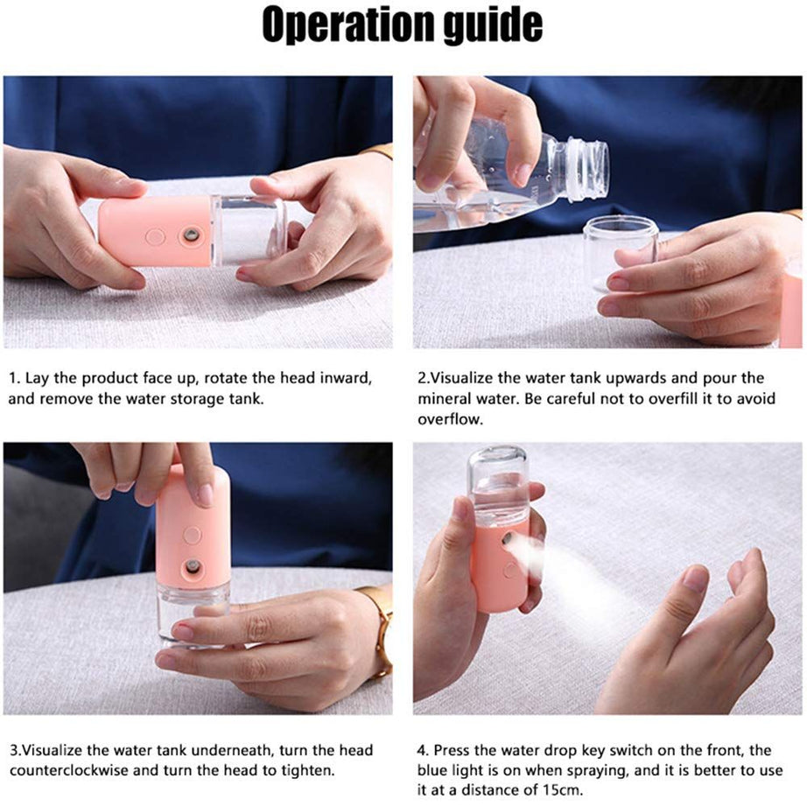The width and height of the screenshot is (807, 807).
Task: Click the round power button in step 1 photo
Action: pyautogui.click(x=155, y=236)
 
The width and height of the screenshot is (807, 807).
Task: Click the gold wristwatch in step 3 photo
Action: pyautogui.click(x=382, y=631)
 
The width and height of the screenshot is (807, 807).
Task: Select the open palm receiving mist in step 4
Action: pyautogui.click(x=691, y=630)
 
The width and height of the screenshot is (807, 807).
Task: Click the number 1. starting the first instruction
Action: pyautogui.click(x=14, y=378)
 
